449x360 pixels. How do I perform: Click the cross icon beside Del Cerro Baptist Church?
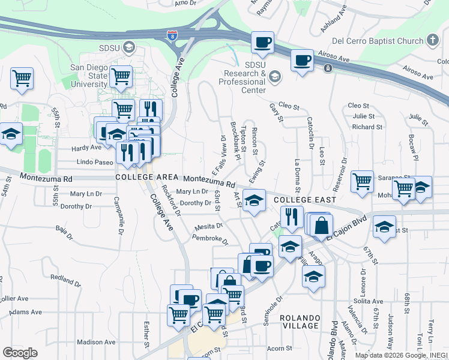pos(433,41)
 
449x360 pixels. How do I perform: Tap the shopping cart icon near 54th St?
pos(22,79)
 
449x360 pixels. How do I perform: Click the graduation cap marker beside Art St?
pos(255,201)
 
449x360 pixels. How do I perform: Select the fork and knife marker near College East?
pos(292,217)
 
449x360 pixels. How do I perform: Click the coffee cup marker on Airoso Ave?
pos(302,61)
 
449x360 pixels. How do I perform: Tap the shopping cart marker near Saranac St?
pos(363,181)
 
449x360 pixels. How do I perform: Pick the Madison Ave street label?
pos(96,342)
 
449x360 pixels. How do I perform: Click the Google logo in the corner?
pos(20,353)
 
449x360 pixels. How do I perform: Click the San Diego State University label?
pos(89,76)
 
